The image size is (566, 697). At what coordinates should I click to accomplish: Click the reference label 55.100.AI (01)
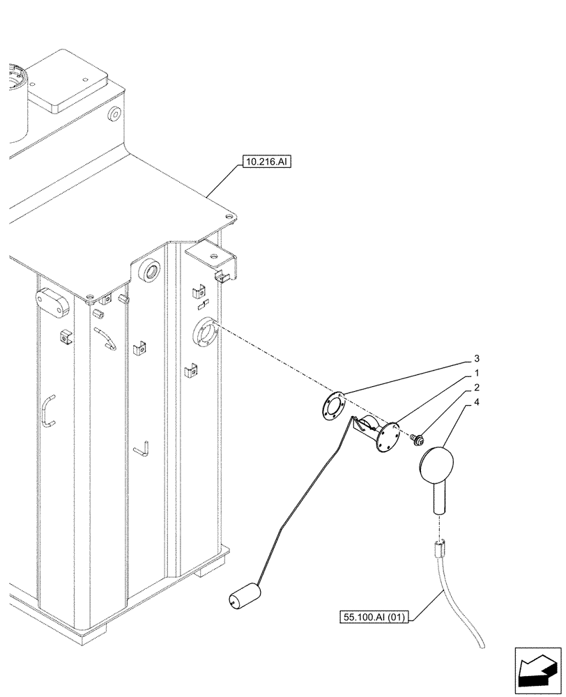point(374,617)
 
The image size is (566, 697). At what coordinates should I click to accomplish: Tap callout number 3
point(476,359)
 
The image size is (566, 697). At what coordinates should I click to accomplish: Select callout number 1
point(476,374)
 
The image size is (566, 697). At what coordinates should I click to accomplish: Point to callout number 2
point(476,388)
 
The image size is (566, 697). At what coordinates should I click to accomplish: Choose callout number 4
point(476,402)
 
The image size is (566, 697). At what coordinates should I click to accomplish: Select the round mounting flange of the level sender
point(388,435)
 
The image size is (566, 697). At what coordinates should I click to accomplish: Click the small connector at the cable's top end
point(439,549)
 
